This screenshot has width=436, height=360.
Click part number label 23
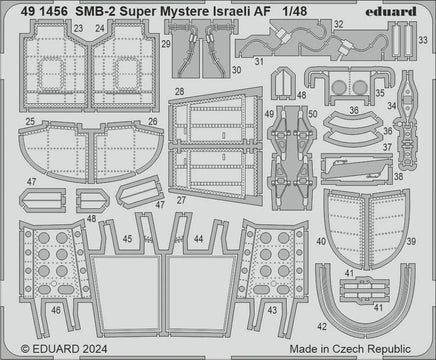[78, 30]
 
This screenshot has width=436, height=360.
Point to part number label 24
[97, 30]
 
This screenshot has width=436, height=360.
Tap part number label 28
[178, 91]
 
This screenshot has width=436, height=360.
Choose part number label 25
[31, 122]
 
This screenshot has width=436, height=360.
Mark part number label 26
[153, 122]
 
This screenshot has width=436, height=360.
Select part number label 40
[319, 241]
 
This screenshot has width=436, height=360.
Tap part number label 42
[321, 327]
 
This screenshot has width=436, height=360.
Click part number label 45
[127, 240]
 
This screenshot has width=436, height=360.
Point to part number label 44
[200, 240]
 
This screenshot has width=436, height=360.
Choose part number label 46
[29, 310]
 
